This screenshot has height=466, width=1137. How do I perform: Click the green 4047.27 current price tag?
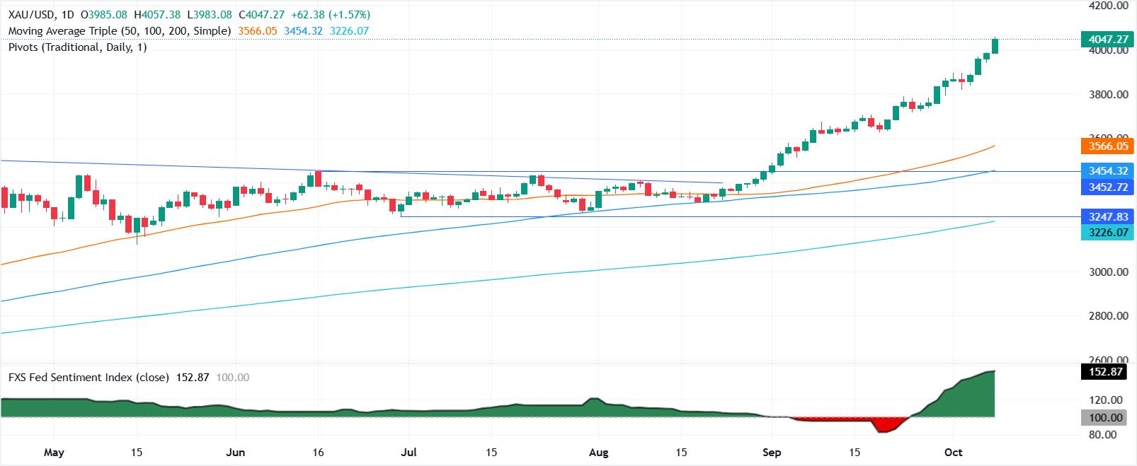tap(1108, 40)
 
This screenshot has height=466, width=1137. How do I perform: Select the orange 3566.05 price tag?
tap(1108, 146)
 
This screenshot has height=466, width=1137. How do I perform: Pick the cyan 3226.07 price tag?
tap(1108, 232)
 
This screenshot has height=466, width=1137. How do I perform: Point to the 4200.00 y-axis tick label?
tap(1108, 6)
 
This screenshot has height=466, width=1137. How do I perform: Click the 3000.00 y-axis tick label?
tap(1108, 272)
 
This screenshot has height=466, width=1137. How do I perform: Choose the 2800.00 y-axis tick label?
tap(1108, 316)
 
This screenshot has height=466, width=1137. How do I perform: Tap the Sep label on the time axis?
tap(772, 453)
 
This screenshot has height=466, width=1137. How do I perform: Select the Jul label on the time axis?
tap(409, 453)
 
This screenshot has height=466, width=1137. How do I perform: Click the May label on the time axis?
tap(54, 453)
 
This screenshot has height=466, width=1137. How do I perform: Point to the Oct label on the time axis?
tap(954, 453)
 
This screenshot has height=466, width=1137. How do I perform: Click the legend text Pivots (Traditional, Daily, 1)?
tap(77, 47)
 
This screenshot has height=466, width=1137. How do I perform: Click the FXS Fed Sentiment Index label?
tap(88, 378)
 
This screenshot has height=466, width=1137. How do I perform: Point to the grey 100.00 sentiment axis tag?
tap(1108, 418)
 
